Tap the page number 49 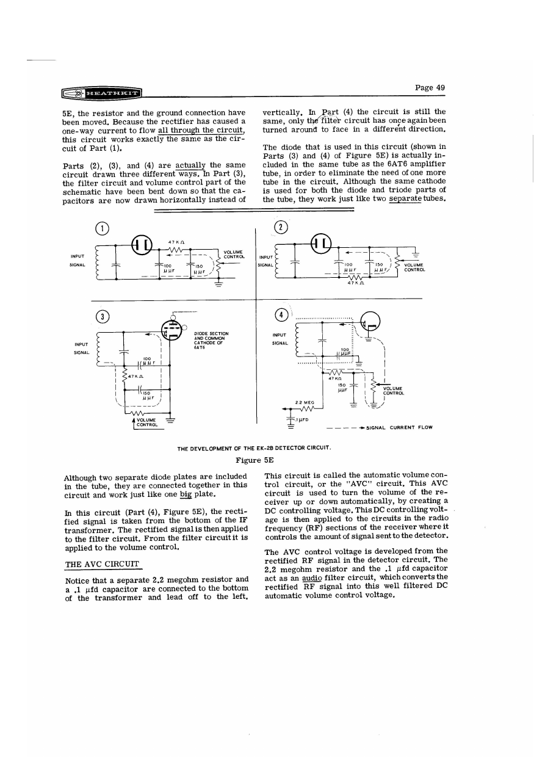pyautogui.click(x=430, y=87)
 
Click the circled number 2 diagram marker pyautogui.click(x=281, y=227)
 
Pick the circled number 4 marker pyautogui.click(x=281, y=316)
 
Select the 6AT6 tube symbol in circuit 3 pyautogui.click(x=173, y=331)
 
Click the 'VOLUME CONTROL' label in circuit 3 pyautogui.click(x=146, y=422)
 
